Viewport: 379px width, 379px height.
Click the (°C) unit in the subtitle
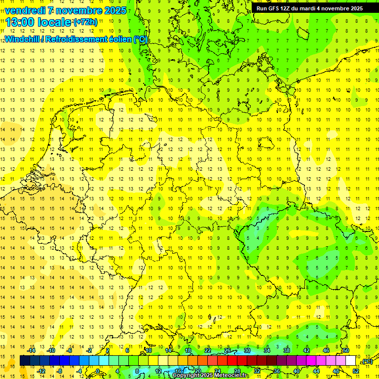pyautogui.click(x=140, y=39)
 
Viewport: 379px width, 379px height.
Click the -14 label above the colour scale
pyautogui.click(x=32, y=350)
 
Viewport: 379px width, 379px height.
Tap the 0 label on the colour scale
pyautogui.click(x=98, y=371)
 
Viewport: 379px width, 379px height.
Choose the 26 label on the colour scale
pyautogui.click(x=227, y=350)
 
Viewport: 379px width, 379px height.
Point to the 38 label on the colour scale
pyautogui.click(x=287, y=350)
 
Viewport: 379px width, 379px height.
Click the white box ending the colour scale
pyautogui.click(x=351, y=361)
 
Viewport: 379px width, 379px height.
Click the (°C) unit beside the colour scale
pyautogui.click(x=367, y=361)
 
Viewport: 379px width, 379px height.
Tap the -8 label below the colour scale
pyautogui.click(x=60, y=371)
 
